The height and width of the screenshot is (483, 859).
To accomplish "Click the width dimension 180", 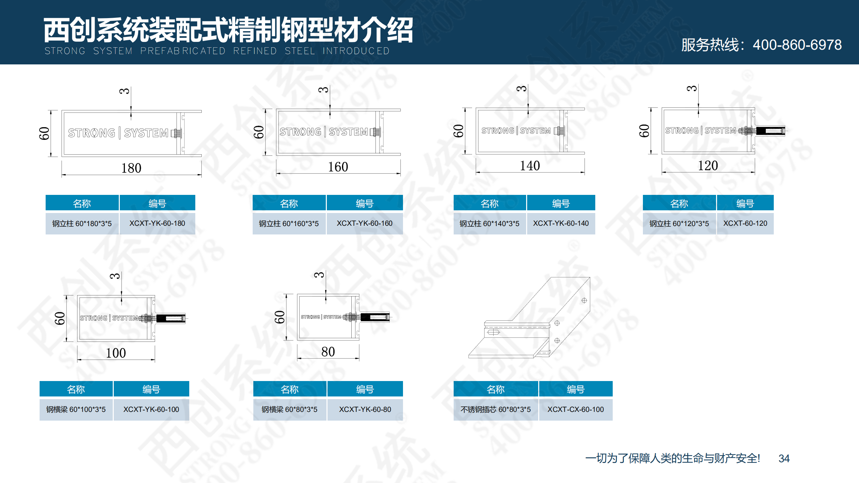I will [x=131, y=168].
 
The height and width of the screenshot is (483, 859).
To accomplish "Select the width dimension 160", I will [x=338, y=167].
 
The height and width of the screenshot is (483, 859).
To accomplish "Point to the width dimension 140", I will [x=530, y=166].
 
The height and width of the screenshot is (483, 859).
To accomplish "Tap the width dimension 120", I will [x=708, y=165].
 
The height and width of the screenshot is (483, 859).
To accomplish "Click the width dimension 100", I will [x=116, y=353].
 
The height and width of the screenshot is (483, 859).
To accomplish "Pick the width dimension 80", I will [x=328, y=352].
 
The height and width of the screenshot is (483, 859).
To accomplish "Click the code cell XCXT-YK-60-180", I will [x=157, y=223].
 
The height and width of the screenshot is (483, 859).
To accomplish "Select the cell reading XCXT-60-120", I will [x=745, y=223].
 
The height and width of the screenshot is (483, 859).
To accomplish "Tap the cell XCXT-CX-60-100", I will [x=575, y=410].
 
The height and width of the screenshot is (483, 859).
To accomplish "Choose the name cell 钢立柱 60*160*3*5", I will [x=289, y=223].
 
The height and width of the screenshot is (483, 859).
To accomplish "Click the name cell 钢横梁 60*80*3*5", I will [x=290, y=410].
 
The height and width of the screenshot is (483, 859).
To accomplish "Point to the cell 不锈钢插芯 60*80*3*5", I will [x=496, y=410].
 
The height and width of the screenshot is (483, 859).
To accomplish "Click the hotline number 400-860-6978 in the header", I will [x=797, y=45].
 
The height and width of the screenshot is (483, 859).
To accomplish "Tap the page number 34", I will [x=784, y=459].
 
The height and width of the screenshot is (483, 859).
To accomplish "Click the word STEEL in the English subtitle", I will [x=300, y=51].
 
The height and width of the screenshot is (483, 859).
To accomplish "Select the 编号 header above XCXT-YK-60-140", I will [x=561, y=203].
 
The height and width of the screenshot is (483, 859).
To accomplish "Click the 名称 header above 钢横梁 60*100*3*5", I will [x=76, y=389].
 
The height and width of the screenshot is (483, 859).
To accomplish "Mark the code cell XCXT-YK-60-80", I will [x=365, y=410].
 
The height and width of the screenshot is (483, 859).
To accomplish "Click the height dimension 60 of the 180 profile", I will [x=44, y=133].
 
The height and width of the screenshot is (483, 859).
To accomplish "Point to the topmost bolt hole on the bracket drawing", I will [x=584, y=301].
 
